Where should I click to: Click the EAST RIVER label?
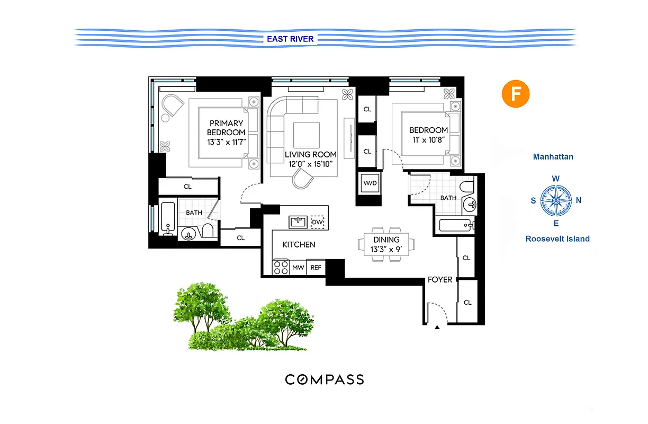point(290,39)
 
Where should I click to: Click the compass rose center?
point(556,200)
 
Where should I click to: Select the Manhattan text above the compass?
point(553,157)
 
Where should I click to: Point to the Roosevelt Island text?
point(557,239)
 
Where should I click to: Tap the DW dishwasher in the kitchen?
point(317,222)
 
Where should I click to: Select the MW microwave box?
point(299,268)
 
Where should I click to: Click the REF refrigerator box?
point(316,268)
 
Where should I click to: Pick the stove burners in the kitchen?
point(281,267)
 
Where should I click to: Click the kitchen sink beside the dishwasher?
point(297,222)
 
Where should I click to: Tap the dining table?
point(386,244)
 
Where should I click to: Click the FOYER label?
point(440,279)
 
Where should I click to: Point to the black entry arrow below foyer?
point(437,328)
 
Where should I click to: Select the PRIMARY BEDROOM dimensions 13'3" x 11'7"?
point(226,142)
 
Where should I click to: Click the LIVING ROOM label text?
point(311,155)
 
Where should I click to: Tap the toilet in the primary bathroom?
point(208,231)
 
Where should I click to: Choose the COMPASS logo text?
point(325,379)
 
